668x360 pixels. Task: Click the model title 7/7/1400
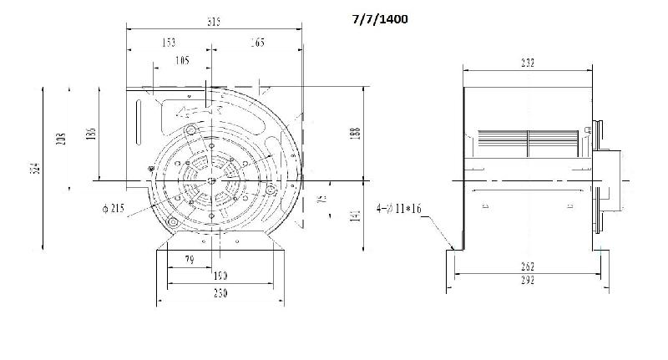[379, 18]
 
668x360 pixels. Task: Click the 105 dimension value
[182, 59]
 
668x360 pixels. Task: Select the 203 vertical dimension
[60, 139]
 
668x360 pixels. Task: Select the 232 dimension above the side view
[528, 63]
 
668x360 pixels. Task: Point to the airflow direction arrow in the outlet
[198, 108]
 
